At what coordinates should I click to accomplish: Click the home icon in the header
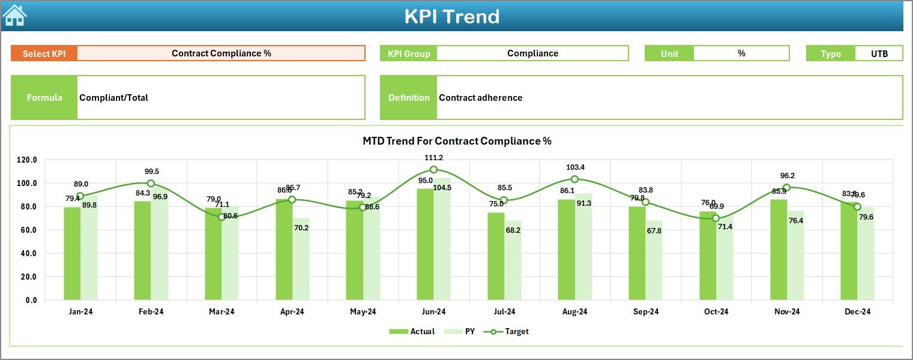point(14,15)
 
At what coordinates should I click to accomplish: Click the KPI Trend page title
point(451,16)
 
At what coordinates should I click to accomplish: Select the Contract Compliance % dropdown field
point(221,53)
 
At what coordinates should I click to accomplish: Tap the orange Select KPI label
point(44,53)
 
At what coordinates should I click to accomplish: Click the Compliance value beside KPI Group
point(532,53)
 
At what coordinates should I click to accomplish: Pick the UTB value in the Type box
point(879,53)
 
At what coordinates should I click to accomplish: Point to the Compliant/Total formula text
point(113,98)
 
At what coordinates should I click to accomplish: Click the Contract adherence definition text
point(480,98)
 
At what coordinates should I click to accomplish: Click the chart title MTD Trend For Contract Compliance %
point(457,141)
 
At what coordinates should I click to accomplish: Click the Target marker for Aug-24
point(574,179)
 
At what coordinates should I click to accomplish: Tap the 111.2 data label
point(433,158)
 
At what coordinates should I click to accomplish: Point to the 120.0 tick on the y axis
point(27,160)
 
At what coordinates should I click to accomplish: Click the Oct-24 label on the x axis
point(716,312)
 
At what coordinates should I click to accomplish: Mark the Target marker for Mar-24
point(221,217)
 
